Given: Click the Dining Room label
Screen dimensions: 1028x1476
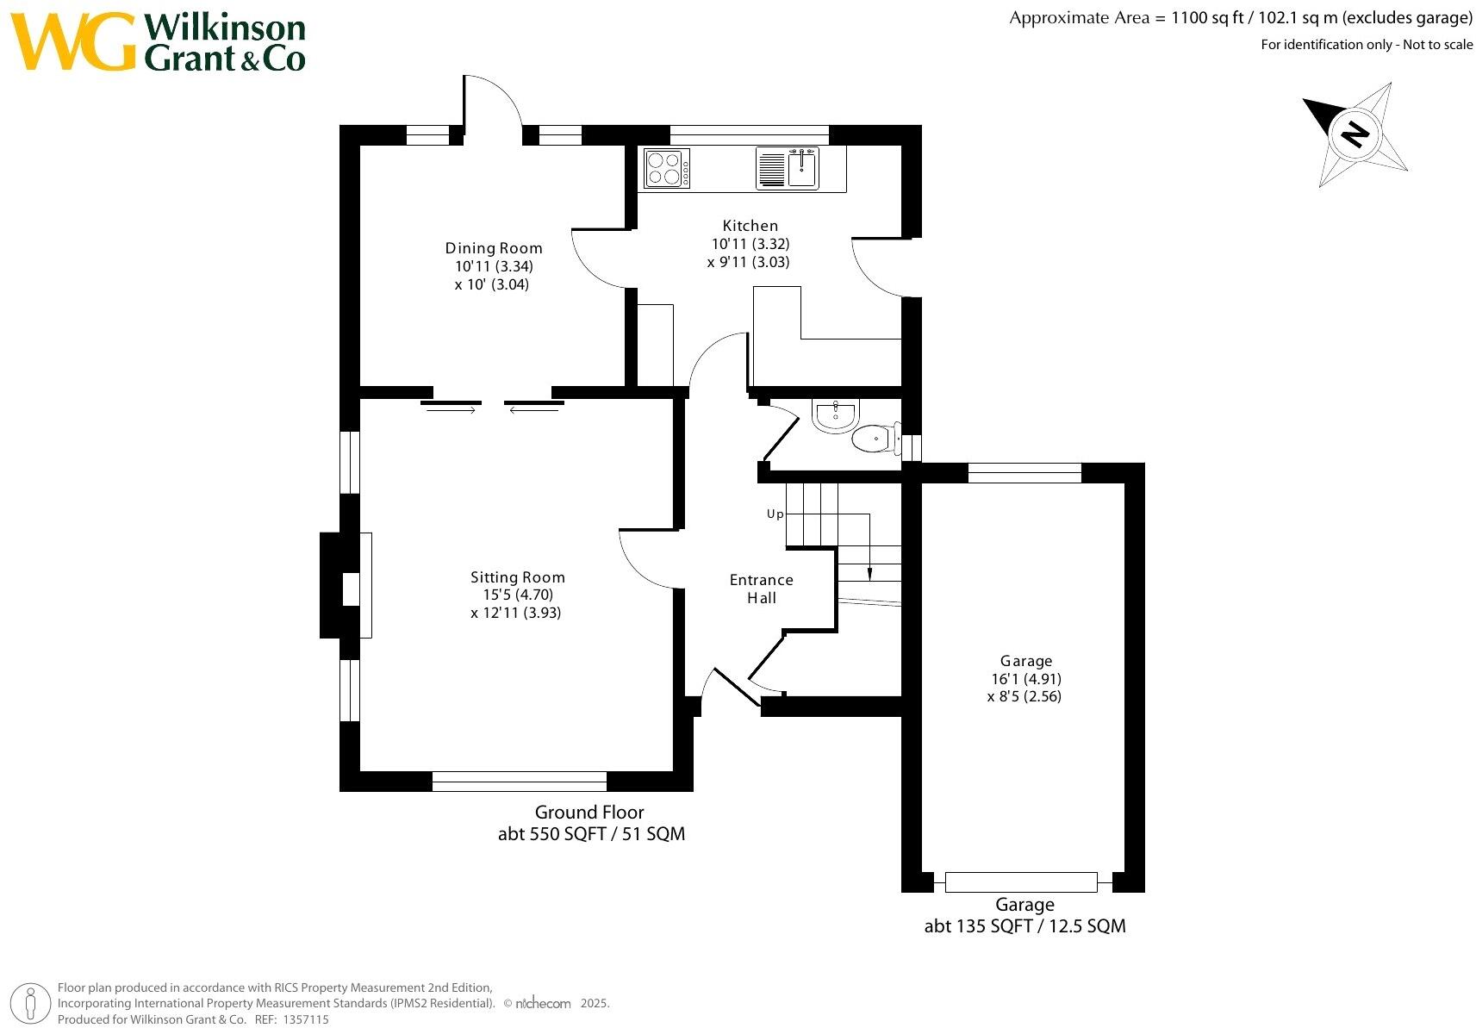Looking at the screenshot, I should click(494, 248).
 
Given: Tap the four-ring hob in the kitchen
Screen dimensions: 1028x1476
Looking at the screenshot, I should click(666, 168).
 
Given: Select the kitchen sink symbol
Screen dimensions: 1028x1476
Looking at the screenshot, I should click(802, 168).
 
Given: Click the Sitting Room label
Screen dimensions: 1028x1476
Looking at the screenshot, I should click(517, 577).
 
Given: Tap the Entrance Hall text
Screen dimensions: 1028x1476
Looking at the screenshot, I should click(761, 589).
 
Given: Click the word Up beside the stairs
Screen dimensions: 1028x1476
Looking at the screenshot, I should click(775, 514).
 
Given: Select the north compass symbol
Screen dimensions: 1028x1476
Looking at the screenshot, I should click(1355, 134).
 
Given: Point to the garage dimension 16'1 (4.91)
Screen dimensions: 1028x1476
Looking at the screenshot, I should click(1025, 679).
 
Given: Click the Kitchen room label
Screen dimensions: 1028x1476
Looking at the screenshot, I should click(750, 226).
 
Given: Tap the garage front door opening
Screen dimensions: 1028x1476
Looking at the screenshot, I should click(1021, 882).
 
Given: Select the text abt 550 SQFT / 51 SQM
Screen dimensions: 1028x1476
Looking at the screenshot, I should click(591, 834).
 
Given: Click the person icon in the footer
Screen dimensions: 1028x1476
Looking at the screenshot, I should click(32, 1004).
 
